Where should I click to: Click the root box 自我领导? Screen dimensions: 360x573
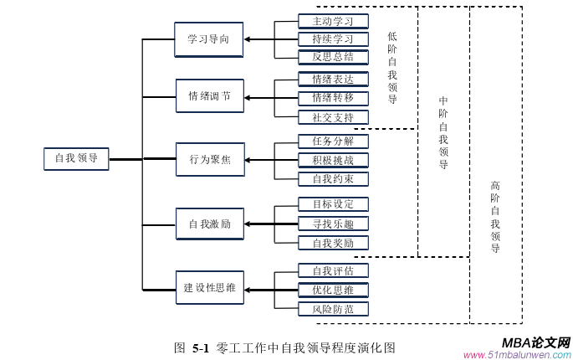click(x=76, y=158)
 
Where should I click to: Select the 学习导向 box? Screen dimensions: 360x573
click(x=209, y=39)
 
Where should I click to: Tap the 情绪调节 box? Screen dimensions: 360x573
click(x=209, y=96)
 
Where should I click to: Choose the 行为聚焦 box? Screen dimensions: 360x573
click(x=209, y=159)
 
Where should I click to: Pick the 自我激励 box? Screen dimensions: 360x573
click(x=209, y=224)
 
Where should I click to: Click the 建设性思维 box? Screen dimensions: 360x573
click(x=209, y=288)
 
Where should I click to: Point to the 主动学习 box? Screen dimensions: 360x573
click(x=333, y=21)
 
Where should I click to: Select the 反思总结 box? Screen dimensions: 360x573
click(x=333, y=57)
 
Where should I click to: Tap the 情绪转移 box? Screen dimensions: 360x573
click(x=333, y=98)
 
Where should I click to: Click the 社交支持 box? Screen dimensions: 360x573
click(x=333, y=117)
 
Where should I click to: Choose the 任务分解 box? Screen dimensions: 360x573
click(x=333, y=141)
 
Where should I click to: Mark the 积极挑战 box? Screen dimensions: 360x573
click(x=333, y=160)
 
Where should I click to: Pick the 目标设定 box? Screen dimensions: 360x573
click(x=333, y=204)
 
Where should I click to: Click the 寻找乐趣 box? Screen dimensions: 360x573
click(x=333, y=224)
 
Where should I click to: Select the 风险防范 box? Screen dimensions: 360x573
click(x=333, y=310)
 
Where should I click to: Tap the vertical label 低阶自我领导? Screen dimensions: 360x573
click(x=392, y=68)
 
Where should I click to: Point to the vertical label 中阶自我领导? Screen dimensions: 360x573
click(x=443, y=132)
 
